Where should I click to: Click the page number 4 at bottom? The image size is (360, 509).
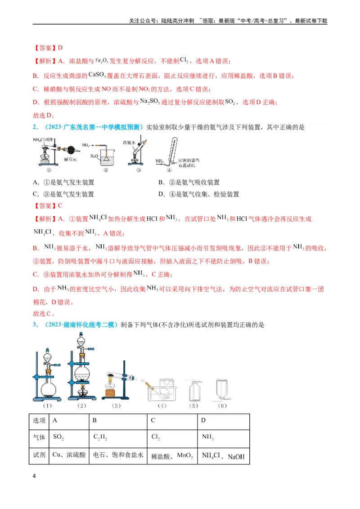[x=34, y=476]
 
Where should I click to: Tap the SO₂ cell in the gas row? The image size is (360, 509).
[x=69, y=438]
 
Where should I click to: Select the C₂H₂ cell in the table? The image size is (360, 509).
[x=118, y=438]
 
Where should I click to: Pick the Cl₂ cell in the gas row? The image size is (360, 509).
[x=172, y=438]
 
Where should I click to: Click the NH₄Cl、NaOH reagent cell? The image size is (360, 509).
[x=224, y=455]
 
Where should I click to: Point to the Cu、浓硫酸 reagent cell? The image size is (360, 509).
[x=69, y=455]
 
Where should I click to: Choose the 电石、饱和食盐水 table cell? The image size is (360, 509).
[x=118, y=455]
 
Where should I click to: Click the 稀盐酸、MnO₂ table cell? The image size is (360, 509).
[x=172, y=455]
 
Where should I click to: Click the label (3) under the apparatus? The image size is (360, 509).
[x=116, y=406]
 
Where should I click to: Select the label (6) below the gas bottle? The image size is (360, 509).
[x=222, y=406]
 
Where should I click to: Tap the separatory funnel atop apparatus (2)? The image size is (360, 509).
[x=81, y=341]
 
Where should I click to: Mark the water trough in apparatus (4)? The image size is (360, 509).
[x=162, y=392]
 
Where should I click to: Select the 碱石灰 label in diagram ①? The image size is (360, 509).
[x=70, y=159]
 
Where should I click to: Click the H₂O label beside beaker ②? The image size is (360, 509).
[x=94, y=156]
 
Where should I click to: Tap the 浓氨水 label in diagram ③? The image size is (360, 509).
[x=129, y=143]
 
